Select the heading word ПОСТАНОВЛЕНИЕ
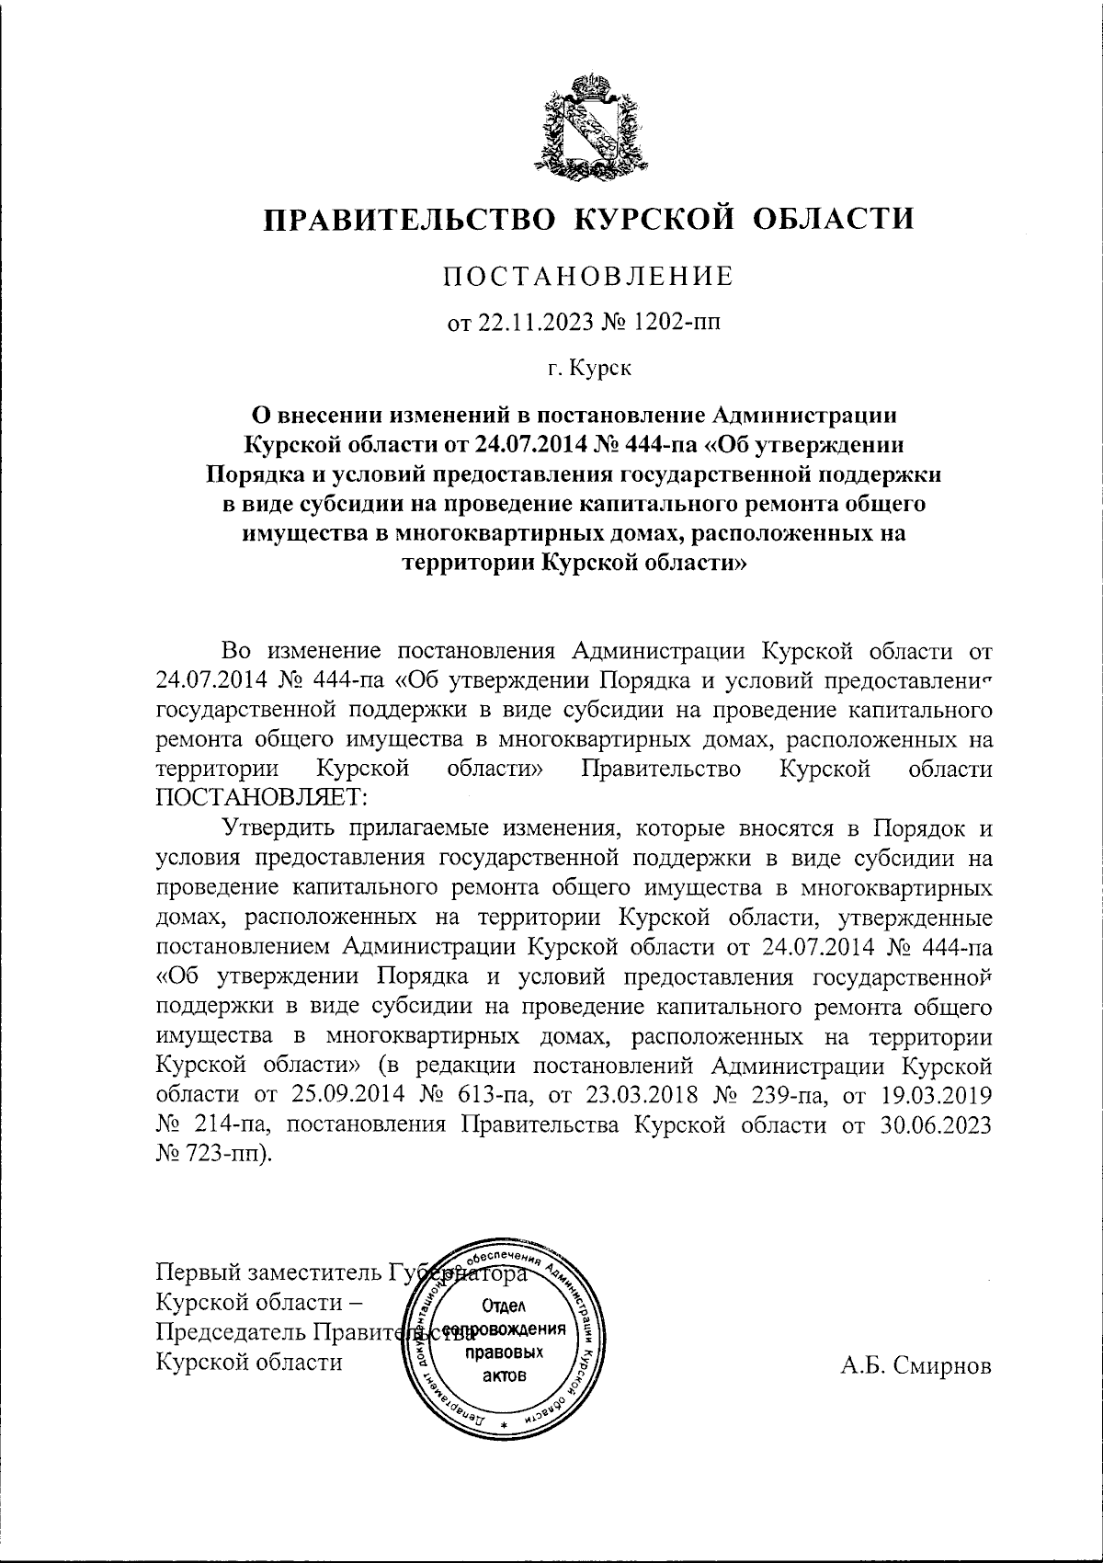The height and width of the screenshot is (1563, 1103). point(589,277)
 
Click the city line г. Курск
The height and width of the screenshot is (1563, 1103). point(589,370)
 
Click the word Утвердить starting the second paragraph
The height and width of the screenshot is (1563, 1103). point(287,827)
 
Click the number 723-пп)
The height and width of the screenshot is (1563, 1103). point(216,1154)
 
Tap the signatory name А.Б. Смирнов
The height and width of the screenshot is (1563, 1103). point(916,1365)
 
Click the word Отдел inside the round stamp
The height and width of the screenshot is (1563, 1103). point(502,1306)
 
